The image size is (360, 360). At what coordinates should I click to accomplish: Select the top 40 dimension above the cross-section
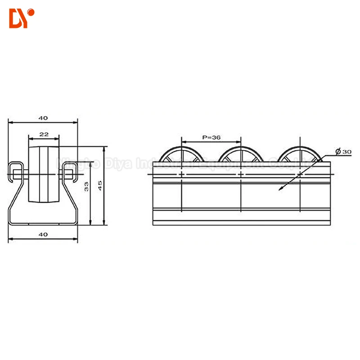43,118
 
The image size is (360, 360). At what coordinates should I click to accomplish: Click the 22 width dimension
44,134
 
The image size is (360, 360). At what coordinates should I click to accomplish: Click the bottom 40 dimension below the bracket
43,234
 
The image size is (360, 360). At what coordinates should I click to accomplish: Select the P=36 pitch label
211,138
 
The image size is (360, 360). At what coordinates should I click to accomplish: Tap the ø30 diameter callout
343,152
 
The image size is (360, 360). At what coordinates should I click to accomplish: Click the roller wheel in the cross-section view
44,175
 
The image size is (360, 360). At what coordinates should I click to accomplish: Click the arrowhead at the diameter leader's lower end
280,189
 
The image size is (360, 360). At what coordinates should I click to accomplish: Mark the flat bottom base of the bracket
43,223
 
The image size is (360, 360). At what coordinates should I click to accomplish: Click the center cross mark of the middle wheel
241,173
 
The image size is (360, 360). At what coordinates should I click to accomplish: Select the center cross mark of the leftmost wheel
181,173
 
